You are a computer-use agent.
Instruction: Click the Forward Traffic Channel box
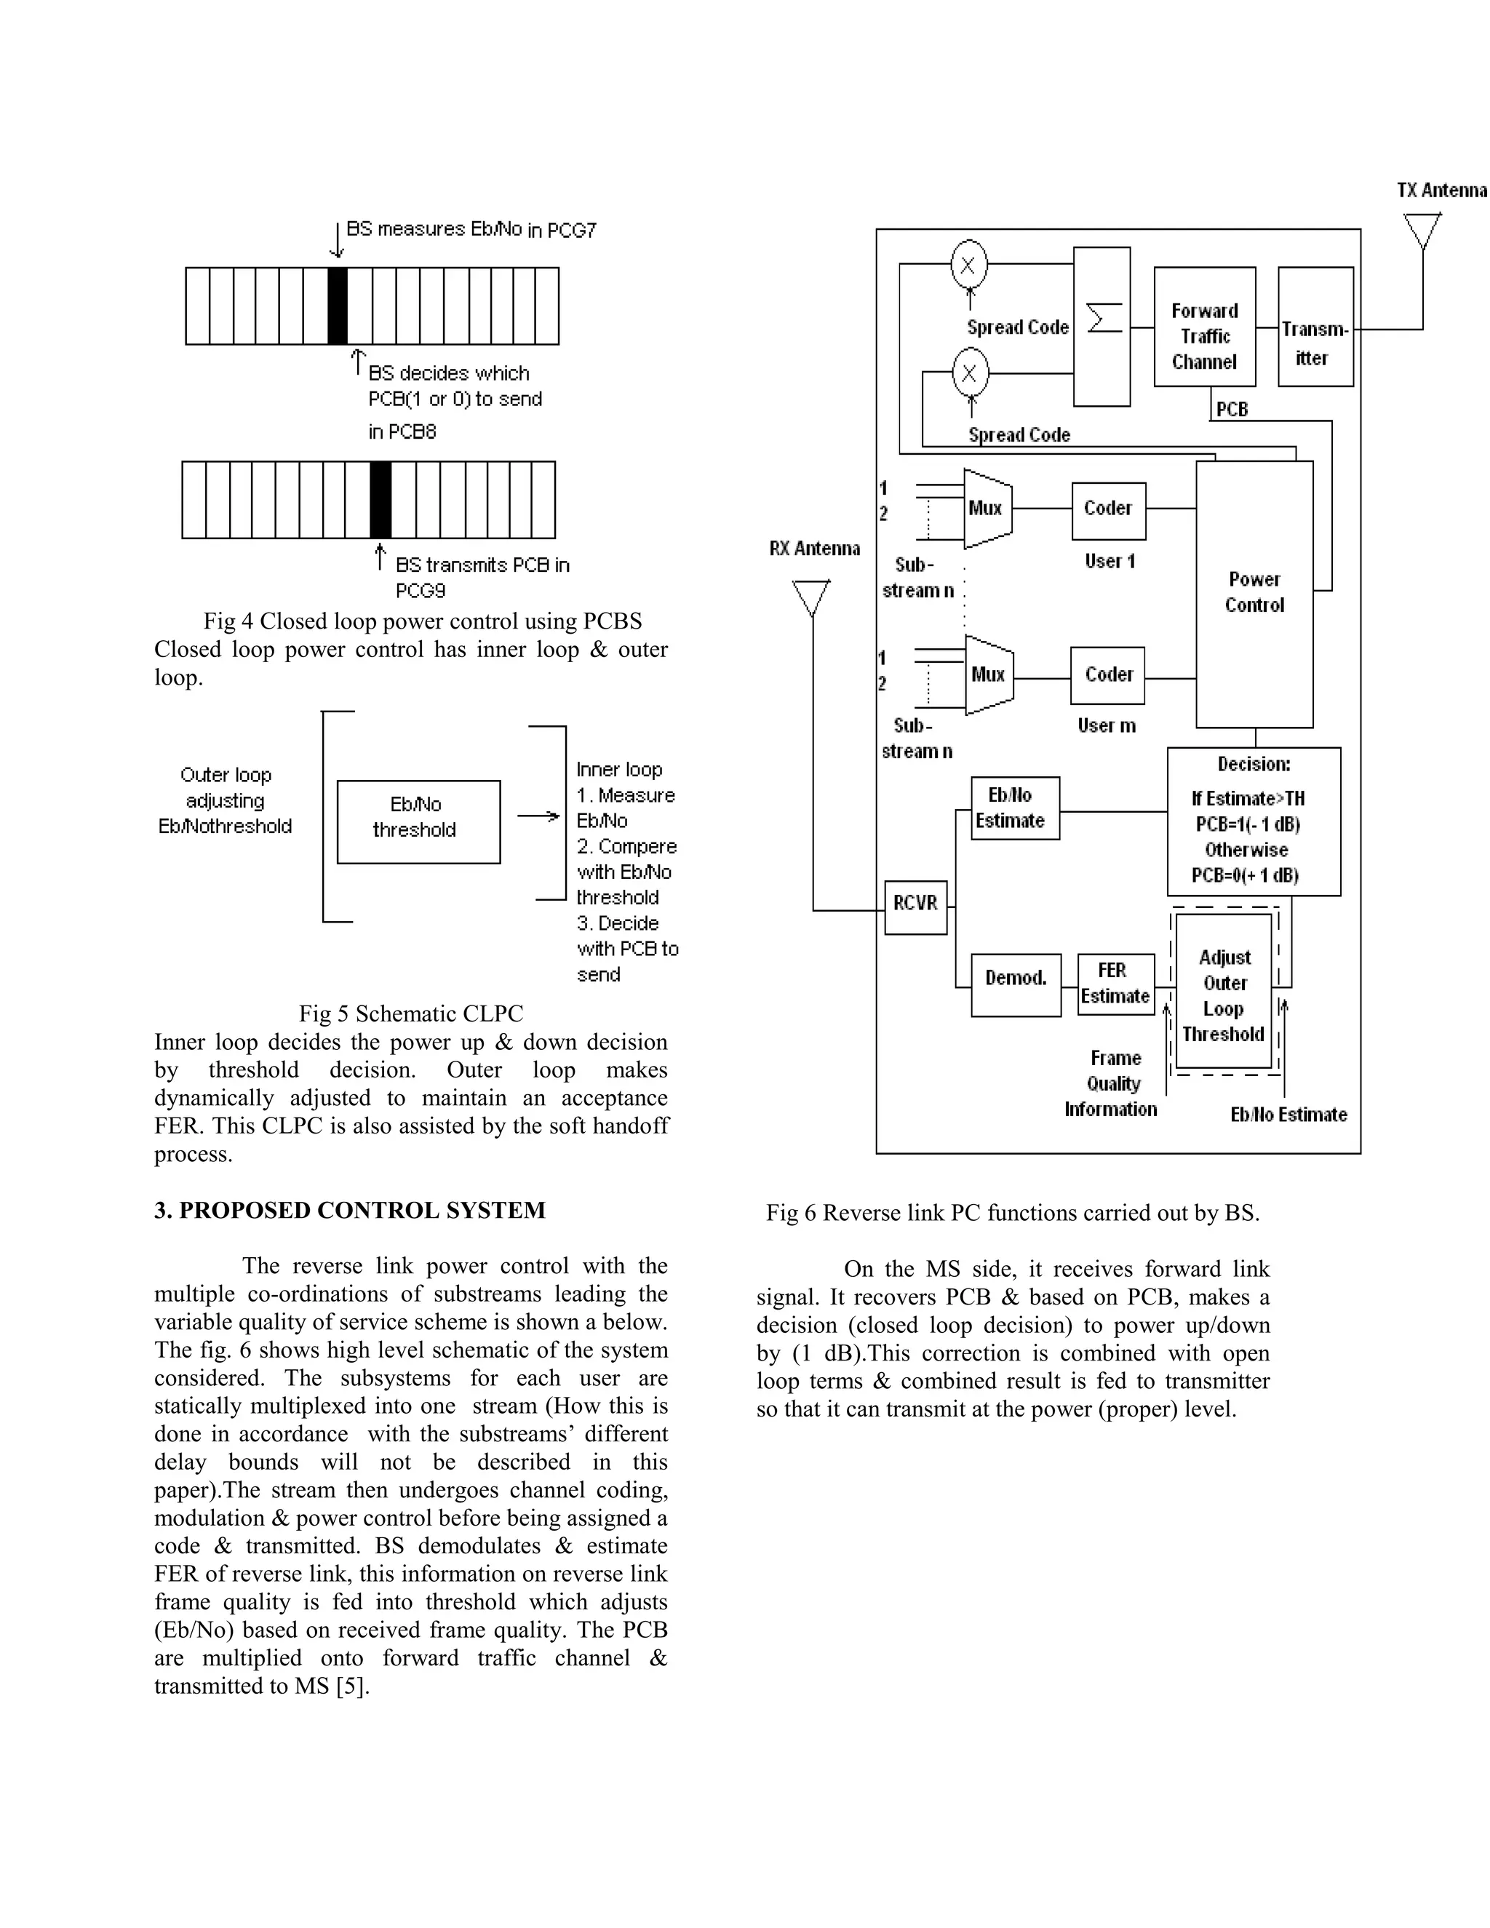pos(1204,327)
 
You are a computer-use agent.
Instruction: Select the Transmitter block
pos(1315,327)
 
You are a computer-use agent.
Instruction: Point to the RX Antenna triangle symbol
pos(811,597)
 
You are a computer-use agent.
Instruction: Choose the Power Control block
pos(1254,593)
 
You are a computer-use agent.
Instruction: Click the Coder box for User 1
pos(1108,510)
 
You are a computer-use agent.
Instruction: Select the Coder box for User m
pos(1107,675)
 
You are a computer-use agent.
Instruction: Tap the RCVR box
pos(915,907)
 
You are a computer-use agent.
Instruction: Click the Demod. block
pos(1015,984)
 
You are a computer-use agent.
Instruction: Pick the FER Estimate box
pos(1115,984)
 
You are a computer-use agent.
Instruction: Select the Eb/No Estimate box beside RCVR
pos(1014,808)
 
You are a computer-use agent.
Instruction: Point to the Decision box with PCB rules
pos(1253,821)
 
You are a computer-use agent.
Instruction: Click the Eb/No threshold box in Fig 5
pos(418,821)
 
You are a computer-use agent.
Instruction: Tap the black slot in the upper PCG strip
pos(337,306)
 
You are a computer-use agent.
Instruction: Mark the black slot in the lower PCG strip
pos(380,499)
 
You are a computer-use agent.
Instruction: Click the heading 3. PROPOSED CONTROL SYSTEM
pos(349,1211)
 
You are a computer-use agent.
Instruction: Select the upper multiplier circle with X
pos(968,264)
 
